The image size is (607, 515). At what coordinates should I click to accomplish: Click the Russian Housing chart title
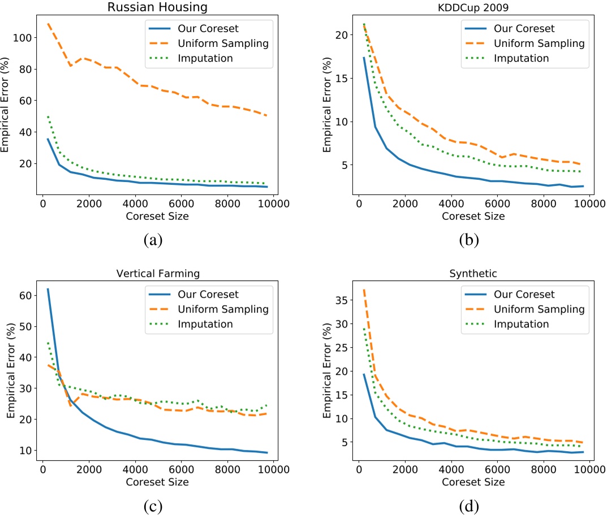[158, 7]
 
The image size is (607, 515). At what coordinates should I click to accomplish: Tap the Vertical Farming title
[158, 274]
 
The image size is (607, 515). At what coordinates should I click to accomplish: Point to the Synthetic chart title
[474, 274]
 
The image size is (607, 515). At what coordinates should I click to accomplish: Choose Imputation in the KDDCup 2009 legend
[521, 58]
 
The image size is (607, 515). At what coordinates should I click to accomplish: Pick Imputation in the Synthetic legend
[521, 324]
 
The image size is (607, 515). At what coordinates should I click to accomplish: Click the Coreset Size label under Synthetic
[474, 482]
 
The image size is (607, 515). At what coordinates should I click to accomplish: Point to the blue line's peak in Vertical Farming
[48, 289]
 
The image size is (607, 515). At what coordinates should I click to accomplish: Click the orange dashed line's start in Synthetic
[364, 289]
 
